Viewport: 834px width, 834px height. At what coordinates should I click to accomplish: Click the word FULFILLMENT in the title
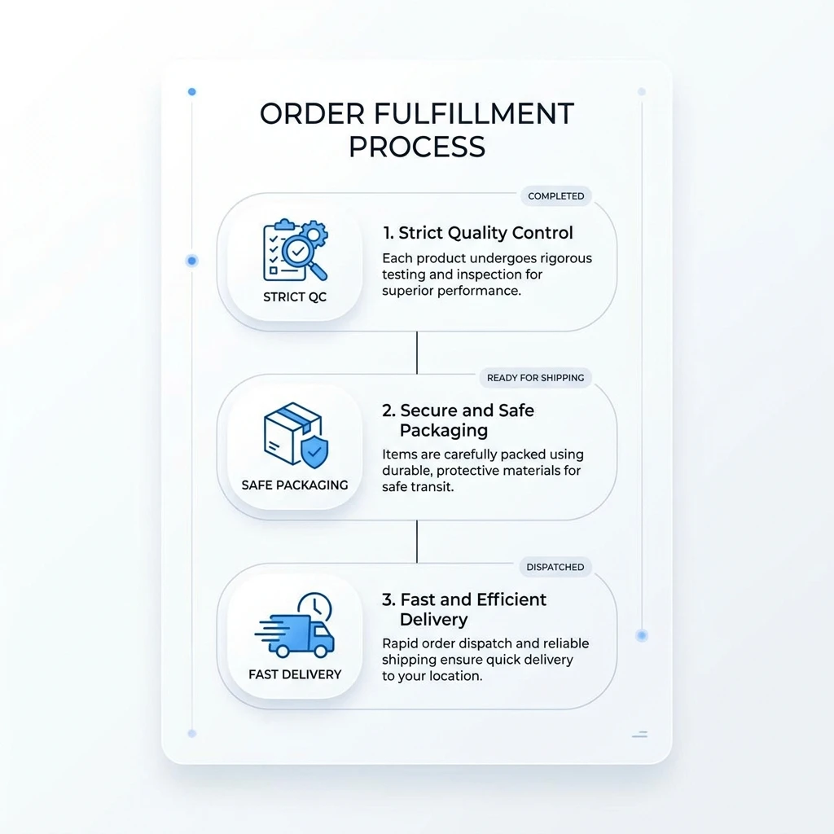point(474,114)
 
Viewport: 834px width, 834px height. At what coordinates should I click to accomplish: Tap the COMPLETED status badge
point(555,196)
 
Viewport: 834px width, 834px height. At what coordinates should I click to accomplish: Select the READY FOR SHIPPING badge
point(535,378)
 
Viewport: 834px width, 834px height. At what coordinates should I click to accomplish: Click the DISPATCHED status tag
point(555,567)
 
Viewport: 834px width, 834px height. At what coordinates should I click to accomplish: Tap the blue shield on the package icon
point(314,452)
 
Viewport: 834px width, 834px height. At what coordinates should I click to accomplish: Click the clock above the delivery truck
point(315,608)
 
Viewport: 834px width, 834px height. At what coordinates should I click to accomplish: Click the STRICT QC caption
point(295,296)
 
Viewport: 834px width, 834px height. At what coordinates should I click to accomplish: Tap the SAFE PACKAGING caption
point(295,485)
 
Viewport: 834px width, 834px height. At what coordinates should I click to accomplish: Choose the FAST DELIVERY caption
point(295,674)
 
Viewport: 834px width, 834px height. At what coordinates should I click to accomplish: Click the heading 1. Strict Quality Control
point(478,233)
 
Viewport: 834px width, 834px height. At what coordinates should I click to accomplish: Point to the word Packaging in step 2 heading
point(444,430)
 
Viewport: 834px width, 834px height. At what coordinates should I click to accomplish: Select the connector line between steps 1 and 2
point(417,353)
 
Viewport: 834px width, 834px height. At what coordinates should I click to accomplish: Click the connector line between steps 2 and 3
point(417,542)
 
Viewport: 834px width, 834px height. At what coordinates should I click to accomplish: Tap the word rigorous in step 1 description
point(566,259)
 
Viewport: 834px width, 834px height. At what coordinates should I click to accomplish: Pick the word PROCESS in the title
point(417,147)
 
